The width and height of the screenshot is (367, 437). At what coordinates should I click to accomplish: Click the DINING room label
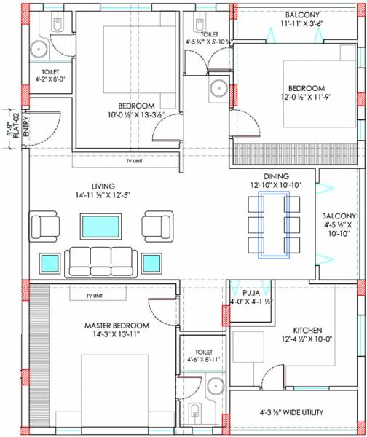pos(276,176)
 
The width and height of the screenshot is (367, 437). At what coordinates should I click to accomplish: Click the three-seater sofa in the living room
pos(100,260)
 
